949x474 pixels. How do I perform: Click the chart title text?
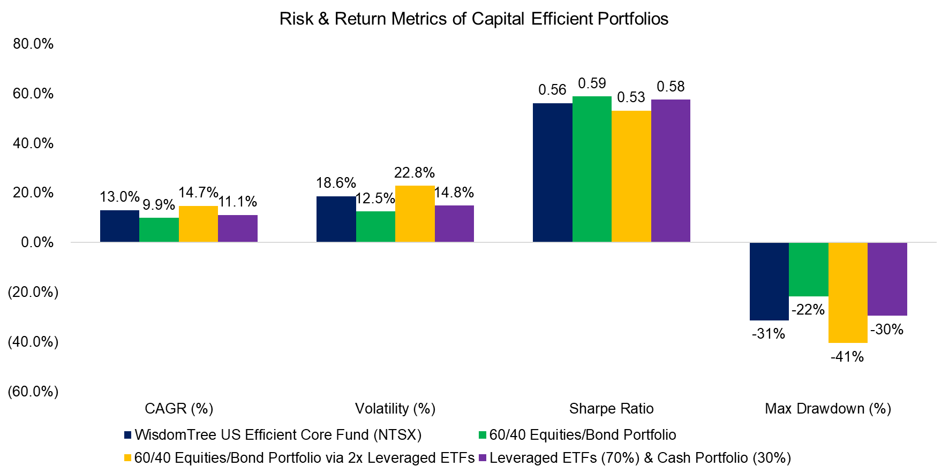coord(473,19)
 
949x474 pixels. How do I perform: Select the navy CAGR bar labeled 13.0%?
coord(119,226)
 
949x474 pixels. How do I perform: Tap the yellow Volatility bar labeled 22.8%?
coord(415,214)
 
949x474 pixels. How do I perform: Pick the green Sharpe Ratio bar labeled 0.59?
coord(592,169)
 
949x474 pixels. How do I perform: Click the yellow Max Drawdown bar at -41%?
coord(848,292)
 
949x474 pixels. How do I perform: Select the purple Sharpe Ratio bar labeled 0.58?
coord(671,171)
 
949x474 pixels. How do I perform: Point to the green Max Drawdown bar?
coord(808,269)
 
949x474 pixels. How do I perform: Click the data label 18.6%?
coord(336,183)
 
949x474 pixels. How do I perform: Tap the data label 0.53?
coord(631,97)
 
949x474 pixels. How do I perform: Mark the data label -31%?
coord(769,334)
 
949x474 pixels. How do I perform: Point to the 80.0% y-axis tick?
coord(33,44)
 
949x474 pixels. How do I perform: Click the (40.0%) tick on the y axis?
coord(33,342)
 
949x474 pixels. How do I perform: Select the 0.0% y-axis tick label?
coord(37,242)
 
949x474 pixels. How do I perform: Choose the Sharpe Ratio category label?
coord(611,409)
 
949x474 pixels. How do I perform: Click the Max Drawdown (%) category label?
coord(827,409)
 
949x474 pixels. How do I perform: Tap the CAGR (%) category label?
coord(179,409)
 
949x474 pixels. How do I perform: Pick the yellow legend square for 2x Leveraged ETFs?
coord(127,458)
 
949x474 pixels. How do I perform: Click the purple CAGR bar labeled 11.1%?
coord(238,228)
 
